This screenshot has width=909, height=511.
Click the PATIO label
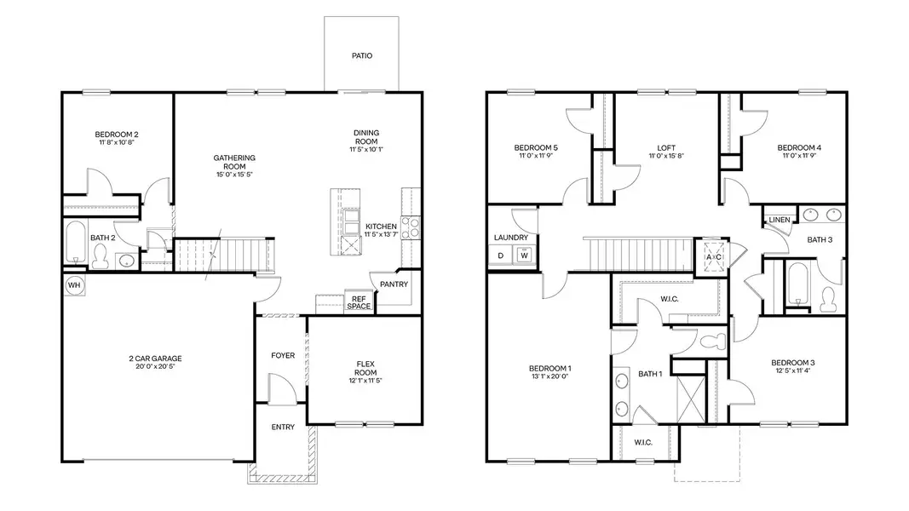click(362, 56)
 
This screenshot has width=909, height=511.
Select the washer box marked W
click(525, 255)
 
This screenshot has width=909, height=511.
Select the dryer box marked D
click(501, 255)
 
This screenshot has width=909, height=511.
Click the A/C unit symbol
click(713, 256)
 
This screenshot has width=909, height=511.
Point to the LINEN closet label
click(779, 220)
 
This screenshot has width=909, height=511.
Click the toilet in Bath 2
click(101, 255)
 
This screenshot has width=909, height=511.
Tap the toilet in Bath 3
click(826, 297)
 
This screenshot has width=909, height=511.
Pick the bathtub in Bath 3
click(797, 284)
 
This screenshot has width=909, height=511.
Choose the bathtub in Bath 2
click(74, 243)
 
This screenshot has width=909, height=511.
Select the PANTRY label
click(394, 284)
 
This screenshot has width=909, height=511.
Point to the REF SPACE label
click(359, 302)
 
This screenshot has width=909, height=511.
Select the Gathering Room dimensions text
click(234, 175)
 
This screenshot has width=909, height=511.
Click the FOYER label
click(283, 355)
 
